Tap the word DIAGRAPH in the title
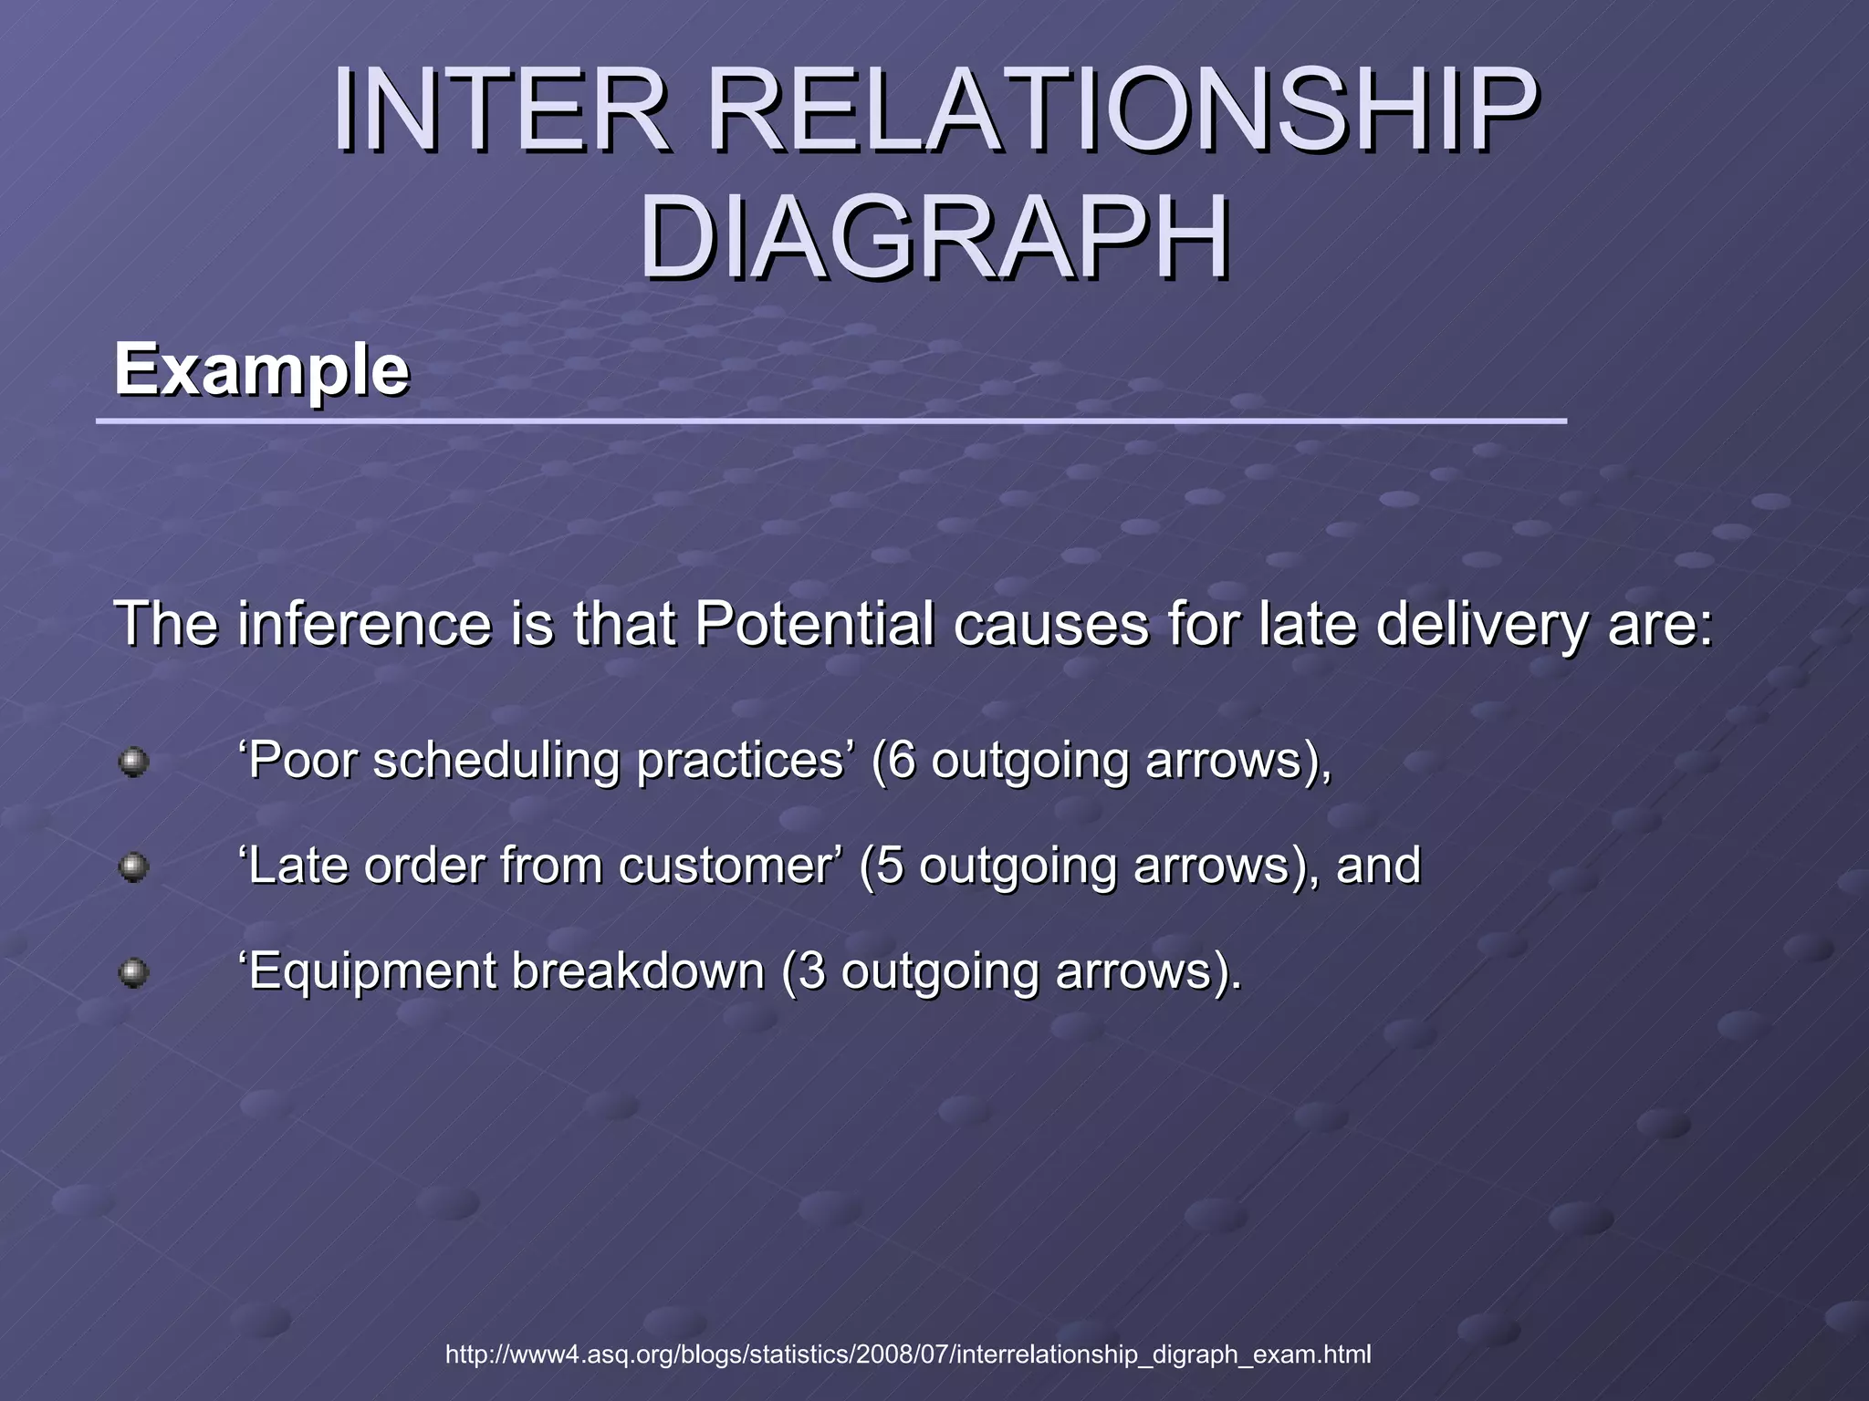tap(934, 239)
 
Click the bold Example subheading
tap(261, 370)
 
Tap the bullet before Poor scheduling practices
tap(133, 761)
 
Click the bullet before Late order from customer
tap(133, 866)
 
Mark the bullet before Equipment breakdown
tap(133, 972)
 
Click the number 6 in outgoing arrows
tap(901, 760)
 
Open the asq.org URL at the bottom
tap(907, 1354)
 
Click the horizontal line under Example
tap(830, 421)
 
